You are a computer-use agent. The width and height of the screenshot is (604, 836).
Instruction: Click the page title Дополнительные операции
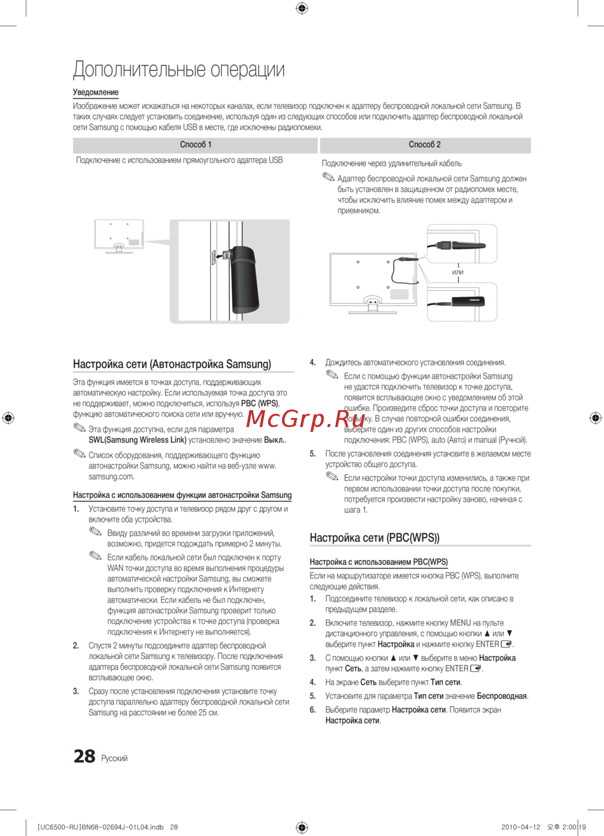[x=179, y=69]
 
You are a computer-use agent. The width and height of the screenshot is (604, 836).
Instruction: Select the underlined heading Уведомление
[x=95, y=92]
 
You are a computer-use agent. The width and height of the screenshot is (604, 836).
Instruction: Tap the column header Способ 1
[x=196, y=145]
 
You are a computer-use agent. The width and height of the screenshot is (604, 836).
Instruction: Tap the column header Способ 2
[x=425, y=145]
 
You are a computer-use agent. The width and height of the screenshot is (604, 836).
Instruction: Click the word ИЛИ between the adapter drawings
[x=458, y=272]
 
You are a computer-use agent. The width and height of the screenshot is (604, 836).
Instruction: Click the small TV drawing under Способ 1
[x=119, y=236]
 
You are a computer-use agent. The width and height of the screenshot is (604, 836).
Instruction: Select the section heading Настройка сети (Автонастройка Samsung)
[x=172, y=364]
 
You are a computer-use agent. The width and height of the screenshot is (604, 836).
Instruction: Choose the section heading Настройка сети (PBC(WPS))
[x=374, y=538]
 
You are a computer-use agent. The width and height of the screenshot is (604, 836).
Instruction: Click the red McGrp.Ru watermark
[x=306, y=418]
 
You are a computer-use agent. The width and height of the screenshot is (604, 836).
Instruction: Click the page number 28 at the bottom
[x=85, y=756]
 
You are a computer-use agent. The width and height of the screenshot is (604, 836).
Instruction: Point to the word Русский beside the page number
[x=114, y=759]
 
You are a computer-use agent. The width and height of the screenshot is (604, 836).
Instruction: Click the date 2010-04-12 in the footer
[x=521, y=828]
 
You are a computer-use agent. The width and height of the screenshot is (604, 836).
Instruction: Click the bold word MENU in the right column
[x=460, y=623]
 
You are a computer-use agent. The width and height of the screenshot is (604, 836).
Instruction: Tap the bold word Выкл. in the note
[x=274, y=440]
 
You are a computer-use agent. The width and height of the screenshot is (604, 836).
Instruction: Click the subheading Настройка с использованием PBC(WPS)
[x=379, y=562]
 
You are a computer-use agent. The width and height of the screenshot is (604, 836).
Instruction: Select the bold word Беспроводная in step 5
[x=501, y=696]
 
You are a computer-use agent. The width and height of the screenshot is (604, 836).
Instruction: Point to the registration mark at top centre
[x=302, y=8]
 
